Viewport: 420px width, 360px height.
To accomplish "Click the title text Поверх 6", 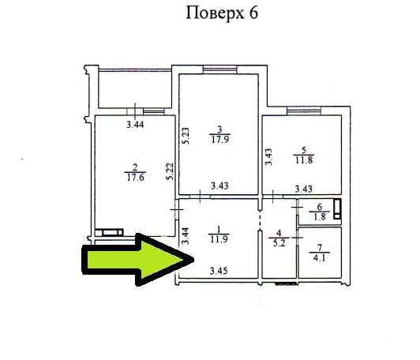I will [221, 13].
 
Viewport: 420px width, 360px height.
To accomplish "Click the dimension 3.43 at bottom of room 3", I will [219, 186].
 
